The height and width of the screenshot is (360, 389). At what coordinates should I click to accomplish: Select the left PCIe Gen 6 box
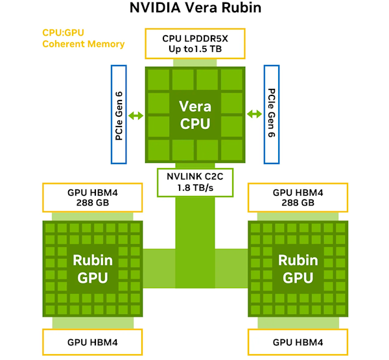point(119,114)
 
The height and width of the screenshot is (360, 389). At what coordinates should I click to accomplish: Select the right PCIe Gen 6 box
point(270,114)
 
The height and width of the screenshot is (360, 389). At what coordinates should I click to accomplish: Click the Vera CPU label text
point(194,115)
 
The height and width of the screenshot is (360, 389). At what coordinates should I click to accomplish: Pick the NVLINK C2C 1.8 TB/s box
point(194,182)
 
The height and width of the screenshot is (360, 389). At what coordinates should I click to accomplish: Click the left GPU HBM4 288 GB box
point(92,197)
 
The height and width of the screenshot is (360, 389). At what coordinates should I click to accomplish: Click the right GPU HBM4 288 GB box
point(298,197)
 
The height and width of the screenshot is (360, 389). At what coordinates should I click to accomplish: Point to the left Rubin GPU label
point(92,269)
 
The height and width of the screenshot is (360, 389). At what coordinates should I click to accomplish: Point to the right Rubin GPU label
point(298,269)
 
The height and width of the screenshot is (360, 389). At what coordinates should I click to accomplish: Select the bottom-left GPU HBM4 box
point(92,342)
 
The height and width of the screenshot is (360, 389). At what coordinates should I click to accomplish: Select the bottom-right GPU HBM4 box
point(298,342)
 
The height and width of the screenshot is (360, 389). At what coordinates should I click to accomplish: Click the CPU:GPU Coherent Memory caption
point(83,38)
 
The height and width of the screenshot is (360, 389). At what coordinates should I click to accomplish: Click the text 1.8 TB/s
point(194,188)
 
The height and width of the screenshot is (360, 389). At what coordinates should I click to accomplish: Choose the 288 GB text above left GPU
point(92,203)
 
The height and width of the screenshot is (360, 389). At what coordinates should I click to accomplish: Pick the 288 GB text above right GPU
point(298,203)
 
